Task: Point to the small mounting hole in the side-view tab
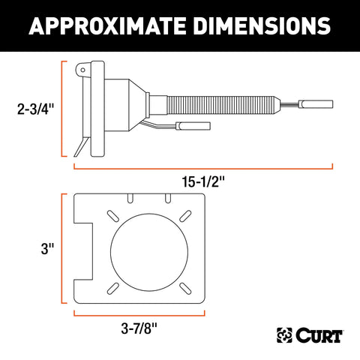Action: coord(82,71)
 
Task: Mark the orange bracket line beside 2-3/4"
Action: coord(61,108)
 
